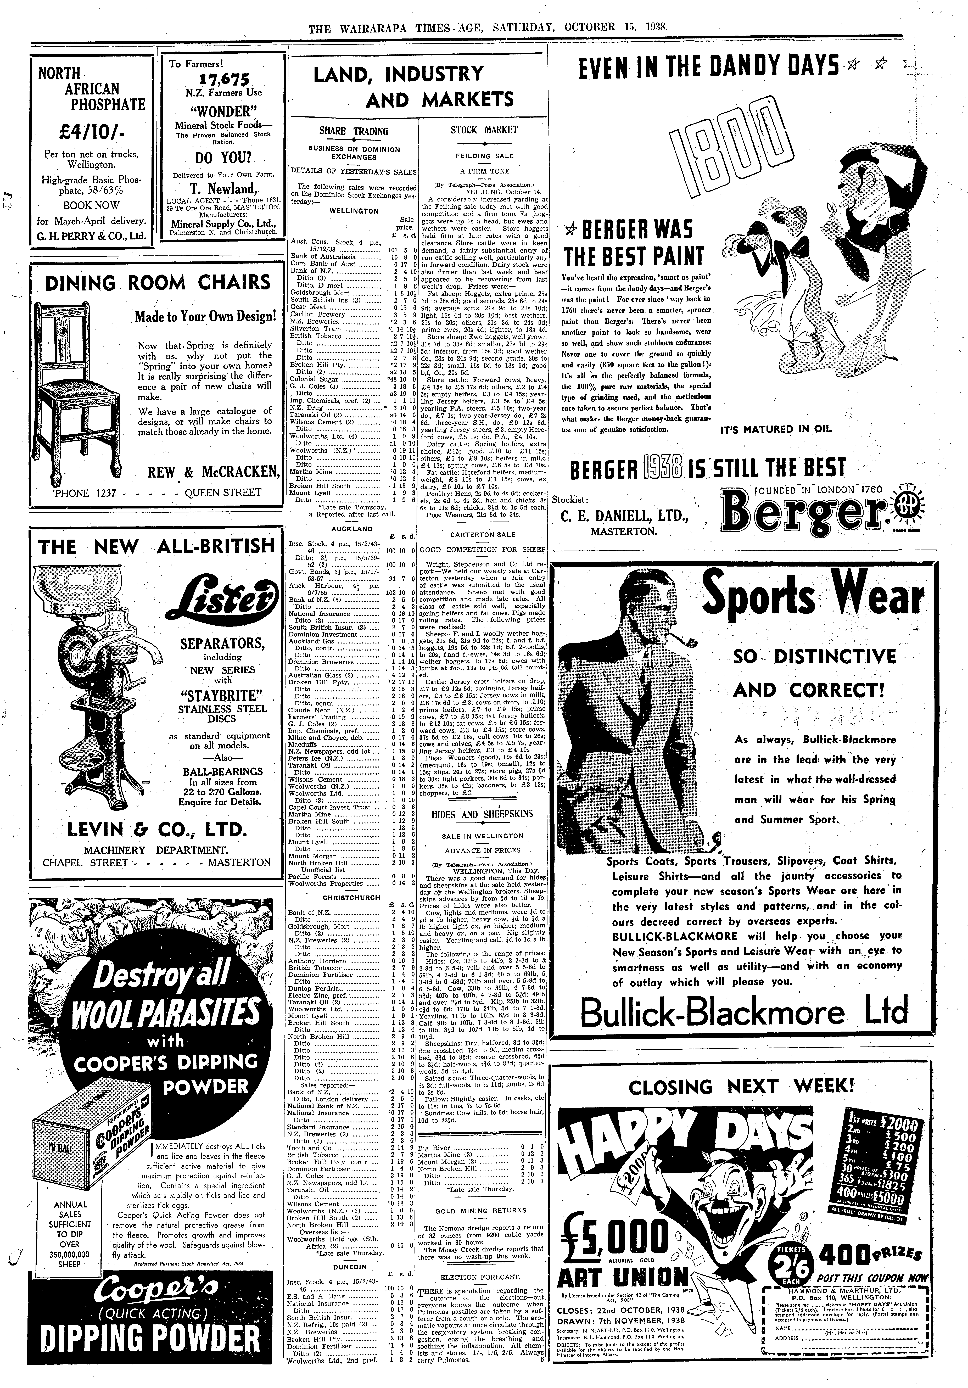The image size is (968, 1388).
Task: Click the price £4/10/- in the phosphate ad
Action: [x=89, y=132]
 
